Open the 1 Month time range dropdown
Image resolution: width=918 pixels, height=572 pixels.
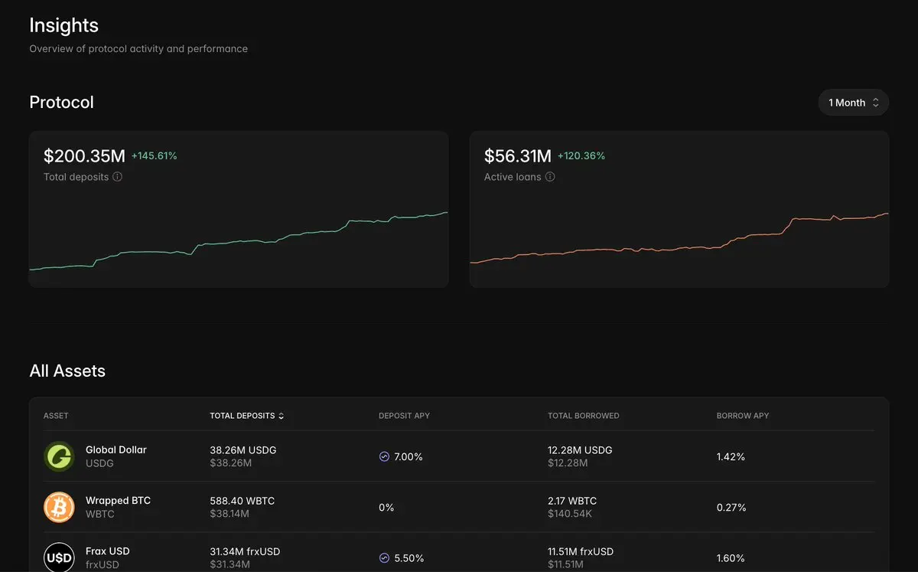tap(853, 103)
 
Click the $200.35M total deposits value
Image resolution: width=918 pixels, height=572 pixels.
tap(84, 156)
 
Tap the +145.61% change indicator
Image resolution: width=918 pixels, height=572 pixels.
tap(154, 156)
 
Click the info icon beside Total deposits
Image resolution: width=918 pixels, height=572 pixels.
tap(117, 177)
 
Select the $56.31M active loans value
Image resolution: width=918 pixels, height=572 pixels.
tap(518, 156)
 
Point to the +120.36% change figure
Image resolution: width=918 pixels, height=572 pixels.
tap(581, 156)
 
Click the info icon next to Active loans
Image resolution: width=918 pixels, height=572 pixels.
tap(550, 177)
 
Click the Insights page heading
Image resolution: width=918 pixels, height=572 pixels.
tap(64, 25)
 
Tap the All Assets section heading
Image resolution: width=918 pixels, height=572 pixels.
tap(67, 371)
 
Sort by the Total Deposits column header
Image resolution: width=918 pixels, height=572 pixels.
tap(246, 416)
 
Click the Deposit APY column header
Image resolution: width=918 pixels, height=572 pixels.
tap(404, 416)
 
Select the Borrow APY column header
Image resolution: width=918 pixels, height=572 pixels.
tap(743, 416)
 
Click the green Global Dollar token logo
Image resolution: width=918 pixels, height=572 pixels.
tap(59, 456)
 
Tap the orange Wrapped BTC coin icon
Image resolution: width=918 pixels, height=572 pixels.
tap(59, 507)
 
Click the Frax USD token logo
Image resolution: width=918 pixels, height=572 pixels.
tap(59, 557)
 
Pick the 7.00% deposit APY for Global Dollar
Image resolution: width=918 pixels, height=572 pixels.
tap(409, 456)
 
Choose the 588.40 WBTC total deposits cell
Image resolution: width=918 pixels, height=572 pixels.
tap(243, 501)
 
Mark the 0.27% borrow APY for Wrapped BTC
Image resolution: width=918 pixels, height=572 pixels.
tap(731, 508)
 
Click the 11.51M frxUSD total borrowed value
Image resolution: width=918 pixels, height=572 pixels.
tap(581, 551)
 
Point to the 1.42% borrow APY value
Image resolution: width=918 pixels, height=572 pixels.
tap(731, 456)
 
